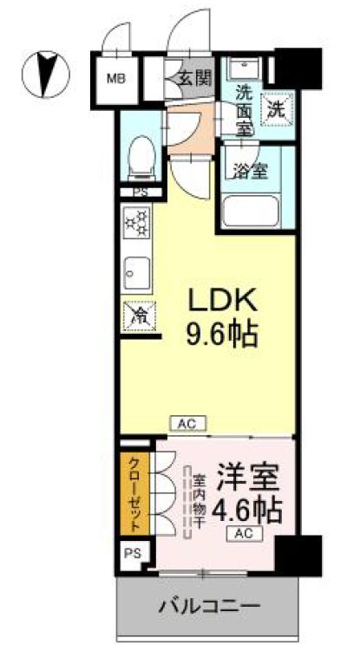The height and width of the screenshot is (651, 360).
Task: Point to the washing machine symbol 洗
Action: [275, 109]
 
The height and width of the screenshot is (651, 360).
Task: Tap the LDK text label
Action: [224, 303]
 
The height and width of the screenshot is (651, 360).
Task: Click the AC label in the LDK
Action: [187, 424]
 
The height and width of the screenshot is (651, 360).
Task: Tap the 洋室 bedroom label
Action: [247, 478]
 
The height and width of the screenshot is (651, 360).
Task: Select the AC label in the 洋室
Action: [244, 534]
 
